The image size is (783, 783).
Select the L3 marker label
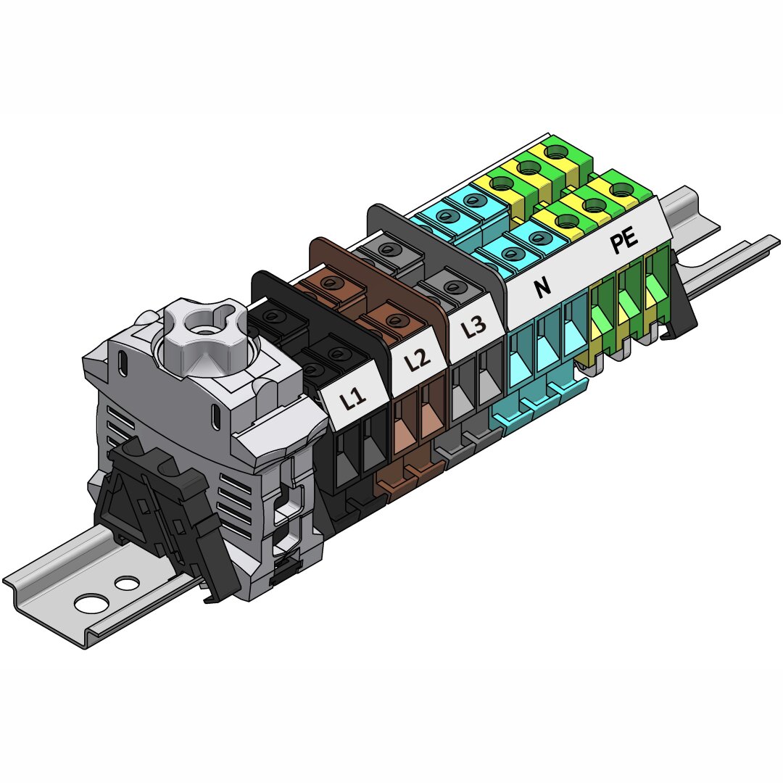click(x=473, y=327)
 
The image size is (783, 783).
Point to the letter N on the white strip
click(x=542, y=286)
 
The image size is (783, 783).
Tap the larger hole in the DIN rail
click(x=91, y=602)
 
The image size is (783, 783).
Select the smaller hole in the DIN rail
click(x=127, y=581)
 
